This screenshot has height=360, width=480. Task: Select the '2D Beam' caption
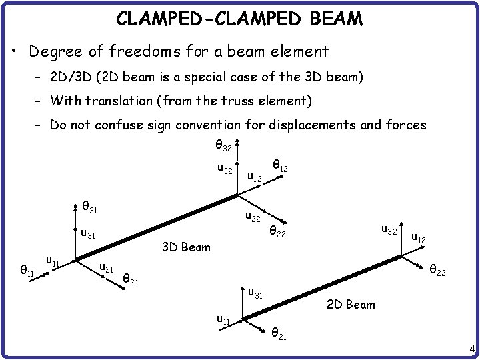coord(351,305)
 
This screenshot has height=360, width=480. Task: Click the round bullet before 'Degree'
coord(15,51)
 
